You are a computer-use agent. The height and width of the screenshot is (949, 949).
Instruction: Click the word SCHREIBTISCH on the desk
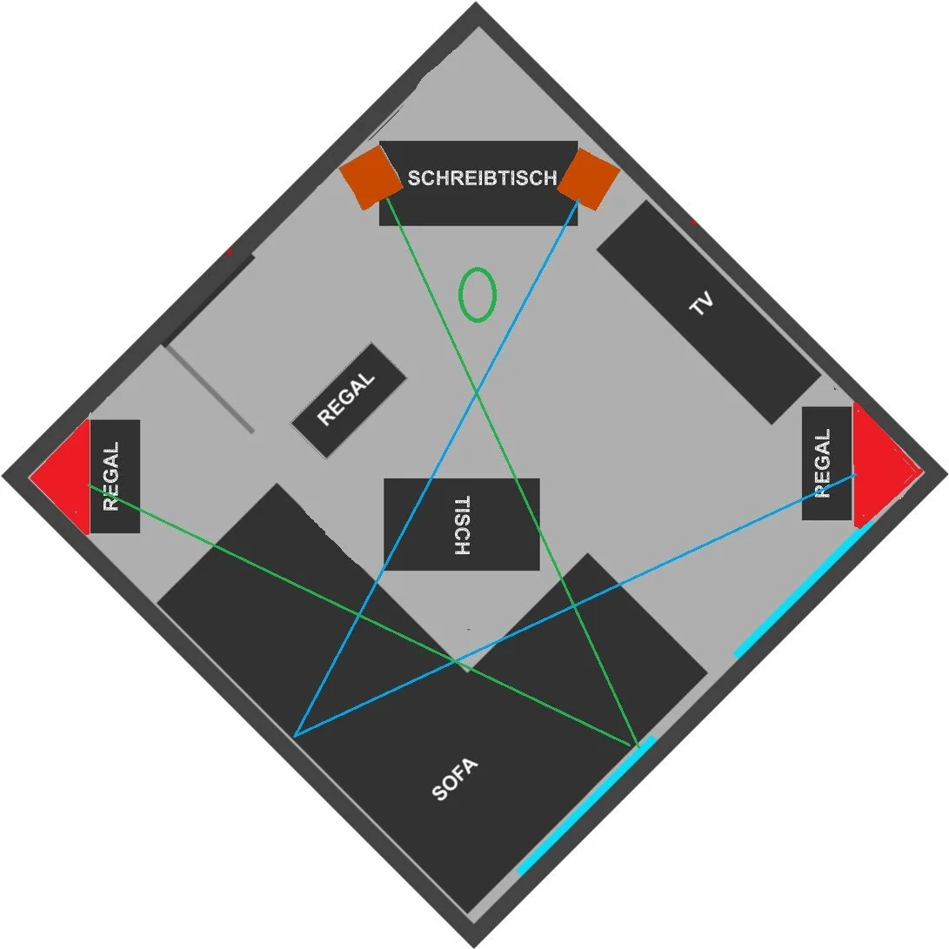482,177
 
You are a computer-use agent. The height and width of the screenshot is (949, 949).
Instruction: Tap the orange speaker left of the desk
371,177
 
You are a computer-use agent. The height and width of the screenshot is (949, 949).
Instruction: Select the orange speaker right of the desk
588,179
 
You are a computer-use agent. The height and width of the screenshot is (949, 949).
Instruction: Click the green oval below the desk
478,295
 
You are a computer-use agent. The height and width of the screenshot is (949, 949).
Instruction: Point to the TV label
702,304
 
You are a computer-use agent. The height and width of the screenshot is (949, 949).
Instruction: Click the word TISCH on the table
462,525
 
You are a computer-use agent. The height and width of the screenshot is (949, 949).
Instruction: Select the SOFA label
455,779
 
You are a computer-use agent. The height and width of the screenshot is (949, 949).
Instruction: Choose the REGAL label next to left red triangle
110,477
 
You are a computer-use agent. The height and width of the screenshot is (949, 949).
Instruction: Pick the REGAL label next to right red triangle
822,464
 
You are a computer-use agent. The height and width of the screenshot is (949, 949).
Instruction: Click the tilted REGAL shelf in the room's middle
348,400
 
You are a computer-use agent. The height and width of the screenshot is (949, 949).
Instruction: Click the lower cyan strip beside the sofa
586,805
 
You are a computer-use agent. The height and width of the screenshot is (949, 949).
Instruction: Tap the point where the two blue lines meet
295,736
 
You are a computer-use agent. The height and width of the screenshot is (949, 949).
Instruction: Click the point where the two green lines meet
638,745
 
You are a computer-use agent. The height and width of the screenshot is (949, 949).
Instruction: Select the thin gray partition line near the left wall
210,389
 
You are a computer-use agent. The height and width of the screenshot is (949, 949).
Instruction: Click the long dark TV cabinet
709,312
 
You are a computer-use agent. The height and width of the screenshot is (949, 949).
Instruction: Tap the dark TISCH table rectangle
462,525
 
